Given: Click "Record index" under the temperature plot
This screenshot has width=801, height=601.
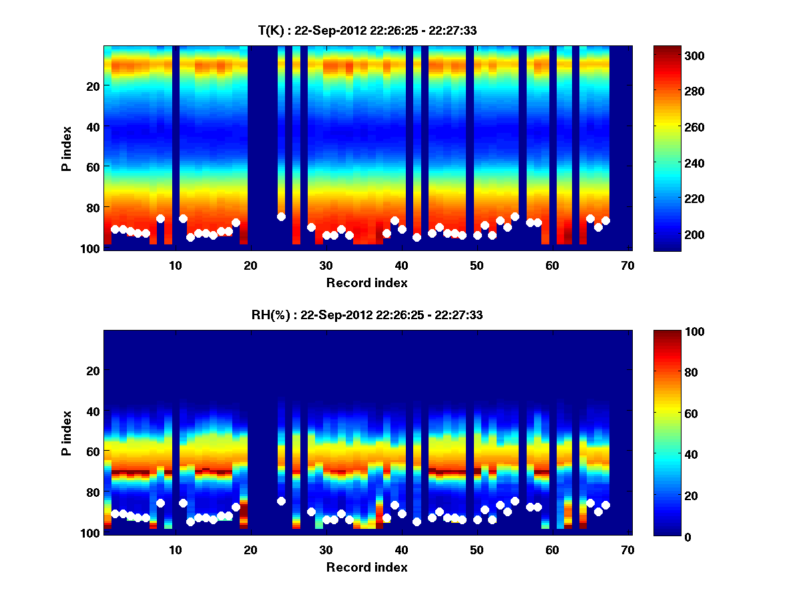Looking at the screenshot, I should (x=366, y=283).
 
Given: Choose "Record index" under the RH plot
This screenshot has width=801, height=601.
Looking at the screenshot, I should (x=366, y=568).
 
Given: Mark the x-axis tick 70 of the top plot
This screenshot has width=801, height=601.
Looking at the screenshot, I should (x=627, y=265).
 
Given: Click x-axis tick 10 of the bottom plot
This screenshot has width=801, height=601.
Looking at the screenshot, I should (x=175, y=550).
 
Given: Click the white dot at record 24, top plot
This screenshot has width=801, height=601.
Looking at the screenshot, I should (x=281, y=216).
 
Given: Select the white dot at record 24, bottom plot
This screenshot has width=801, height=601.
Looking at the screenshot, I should (x=281, y=501).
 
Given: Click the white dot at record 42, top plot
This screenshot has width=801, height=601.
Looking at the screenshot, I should (x=417, y=237).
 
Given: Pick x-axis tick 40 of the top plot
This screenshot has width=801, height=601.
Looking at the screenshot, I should (x=401, y=265).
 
